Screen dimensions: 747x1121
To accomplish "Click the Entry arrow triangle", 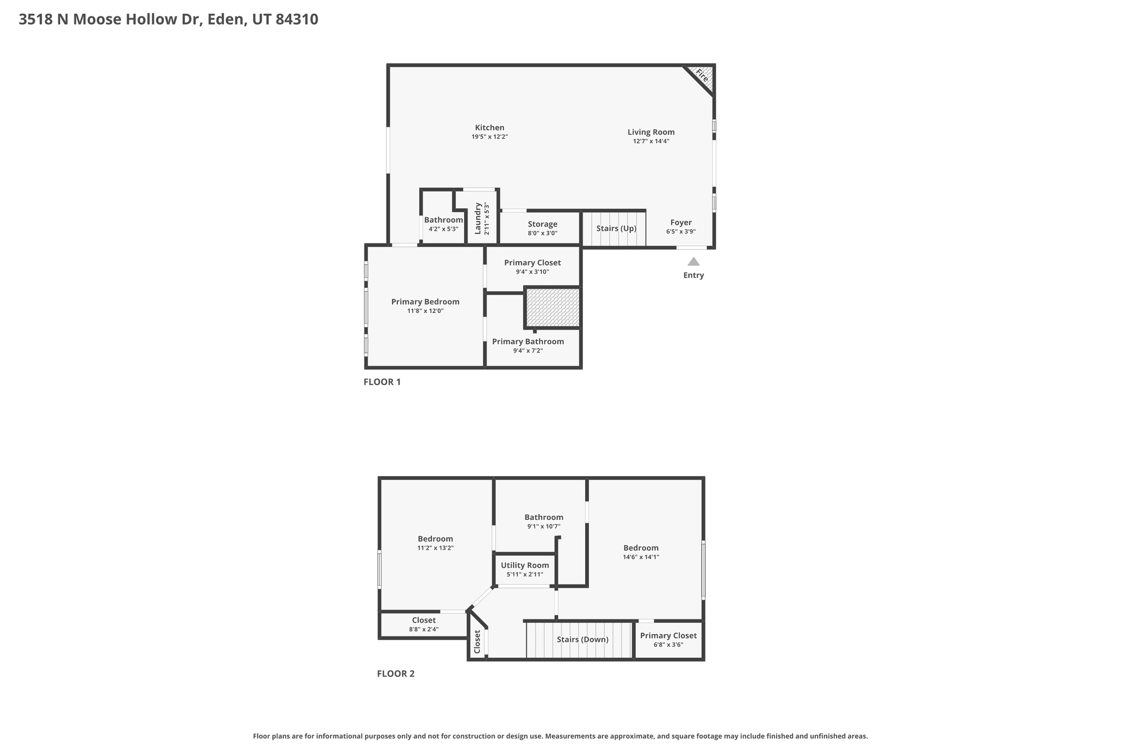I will point(693,262).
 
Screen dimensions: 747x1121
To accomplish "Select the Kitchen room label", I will point(489,128).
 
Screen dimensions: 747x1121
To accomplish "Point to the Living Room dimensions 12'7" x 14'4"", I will point(651,141).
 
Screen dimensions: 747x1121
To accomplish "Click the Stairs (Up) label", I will point(616,228).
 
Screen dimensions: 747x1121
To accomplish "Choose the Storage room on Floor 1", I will point(542,228).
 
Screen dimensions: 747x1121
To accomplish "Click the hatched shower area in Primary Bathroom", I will point(552,308).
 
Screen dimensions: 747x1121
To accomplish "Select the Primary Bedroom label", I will point(425,302).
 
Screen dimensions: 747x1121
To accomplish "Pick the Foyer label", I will point(681,222).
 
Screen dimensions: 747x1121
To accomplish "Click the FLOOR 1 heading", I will point(382,382).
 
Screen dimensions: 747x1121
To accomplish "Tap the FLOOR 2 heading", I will point(395,674).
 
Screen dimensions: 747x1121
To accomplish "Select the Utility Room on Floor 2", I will point(524,569).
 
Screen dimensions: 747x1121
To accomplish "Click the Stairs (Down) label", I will point(582,639).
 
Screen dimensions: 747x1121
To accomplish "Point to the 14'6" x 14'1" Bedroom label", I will point(640,552).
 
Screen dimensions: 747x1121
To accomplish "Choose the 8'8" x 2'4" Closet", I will point(424,624).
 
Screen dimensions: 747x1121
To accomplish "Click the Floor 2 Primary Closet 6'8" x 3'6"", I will point(668,640).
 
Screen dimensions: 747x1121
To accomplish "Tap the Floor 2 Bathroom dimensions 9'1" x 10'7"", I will point(544,526).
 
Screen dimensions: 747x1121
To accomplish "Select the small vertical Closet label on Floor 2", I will point(477,641).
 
